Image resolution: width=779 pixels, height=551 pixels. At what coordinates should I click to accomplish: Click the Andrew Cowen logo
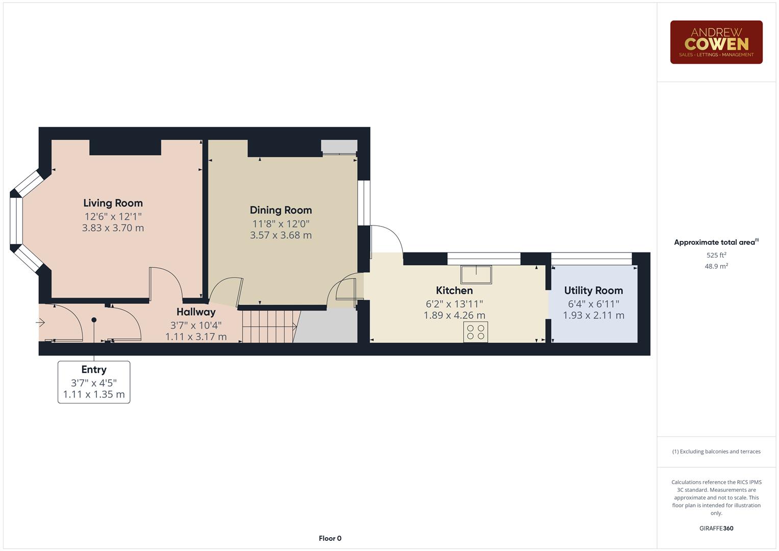(716, 42)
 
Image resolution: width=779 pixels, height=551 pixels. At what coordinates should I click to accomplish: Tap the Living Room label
(113, 203)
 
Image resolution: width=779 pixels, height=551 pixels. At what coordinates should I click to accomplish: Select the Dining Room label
(281, 210)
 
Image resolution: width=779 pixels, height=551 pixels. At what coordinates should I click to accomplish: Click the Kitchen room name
(454, 290)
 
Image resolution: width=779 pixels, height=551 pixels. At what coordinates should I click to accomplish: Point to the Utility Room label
(593, 290)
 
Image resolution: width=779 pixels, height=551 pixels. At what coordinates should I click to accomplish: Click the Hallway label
(196, 312)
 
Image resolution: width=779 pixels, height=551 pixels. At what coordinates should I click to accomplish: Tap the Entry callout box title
(94, 369)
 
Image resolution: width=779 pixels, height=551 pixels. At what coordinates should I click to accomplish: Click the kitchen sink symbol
(476, 274)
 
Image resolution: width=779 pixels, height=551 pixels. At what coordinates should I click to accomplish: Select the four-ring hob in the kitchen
(475, 332)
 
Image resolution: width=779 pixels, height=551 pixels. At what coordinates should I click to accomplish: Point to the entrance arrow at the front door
(40, 322)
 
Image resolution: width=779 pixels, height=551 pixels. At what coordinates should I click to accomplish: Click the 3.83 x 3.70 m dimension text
(113, 228)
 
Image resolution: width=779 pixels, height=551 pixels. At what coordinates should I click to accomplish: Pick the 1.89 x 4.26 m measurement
(454, 315)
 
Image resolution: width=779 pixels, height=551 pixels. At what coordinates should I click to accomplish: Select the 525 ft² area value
(716, 255)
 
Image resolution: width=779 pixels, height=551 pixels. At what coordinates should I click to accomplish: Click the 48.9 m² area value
(716, 266)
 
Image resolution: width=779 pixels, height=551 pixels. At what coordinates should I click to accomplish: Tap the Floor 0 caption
(330, 538)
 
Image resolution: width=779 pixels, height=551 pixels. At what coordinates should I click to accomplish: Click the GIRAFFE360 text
(716, 528)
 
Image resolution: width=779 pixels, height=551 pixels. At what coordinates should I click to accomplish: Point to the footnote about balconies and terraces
(716, 452)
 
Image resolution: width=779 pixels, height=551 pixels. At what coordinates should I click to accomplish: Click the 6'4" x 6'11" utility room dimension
(593, 304)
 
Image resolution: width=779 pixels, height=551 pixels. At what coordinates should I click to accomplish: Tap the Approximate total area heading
(716, 242)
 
